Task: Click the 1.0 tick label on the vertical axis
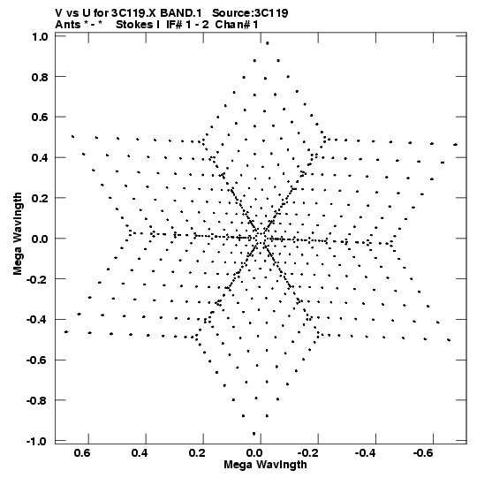pos(40,37)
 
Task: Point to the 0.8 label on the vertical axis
pos(40,77)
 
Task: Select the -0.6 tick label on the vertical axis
pos(37,360)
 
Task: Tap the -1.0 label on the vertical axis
pos(37,441)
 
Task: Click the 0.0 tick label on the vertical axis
pos(40,239)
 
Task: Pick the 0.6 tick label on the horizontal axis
pos(82,453)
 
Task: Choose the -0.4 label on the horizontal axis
pos(366,453)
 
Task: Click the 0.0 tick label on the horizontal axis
pos(254,453)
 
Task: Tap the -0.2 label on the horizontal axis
pos(307,453)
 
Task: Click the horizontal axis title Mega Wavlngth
pos(265,465)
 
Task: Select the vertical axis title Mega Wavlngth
pos(18,234)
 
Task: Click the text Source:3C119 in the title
pos(250,13)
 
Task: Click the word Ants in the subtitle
pos(68,25)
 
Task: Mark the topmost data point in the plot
pos(268,43)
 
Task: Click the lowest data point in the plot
pos(254,434)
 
